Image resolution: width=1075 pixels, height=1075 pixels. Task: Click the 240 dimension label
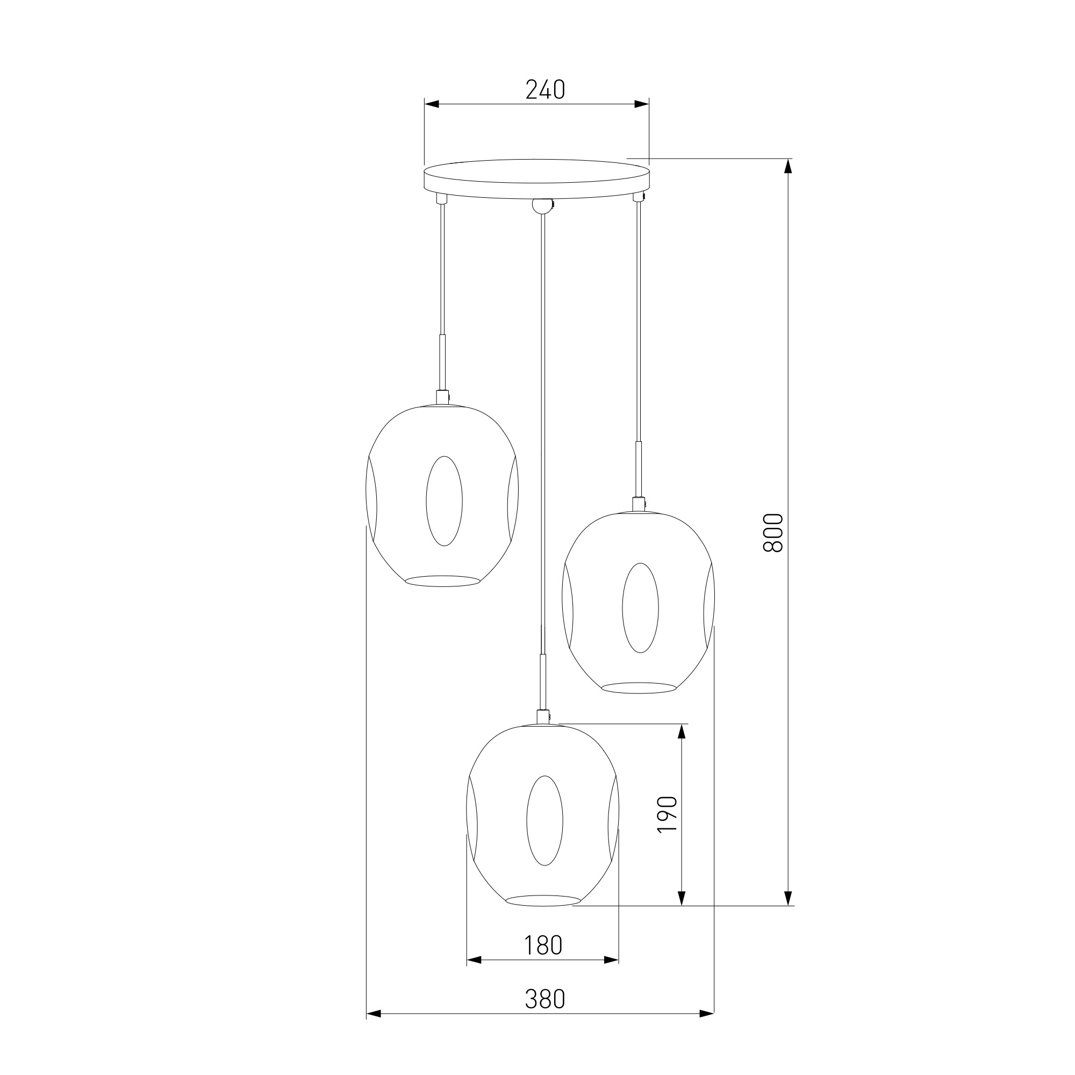(x=545, y=90)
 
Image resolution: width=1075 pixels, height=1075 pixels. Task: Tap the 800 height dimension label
(x=773, y=533)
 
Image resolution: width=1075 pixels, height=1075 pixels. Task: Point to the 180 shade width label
(x=543, y=945)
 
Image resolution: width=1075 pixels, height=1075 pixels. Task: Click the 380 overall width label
(x=544, y=999)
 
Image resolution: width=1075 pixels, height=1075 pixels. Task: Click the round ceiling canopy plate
(x=536, y=178)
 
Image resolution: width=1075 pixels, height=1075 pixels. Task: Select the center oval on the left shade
(x=444, y=501)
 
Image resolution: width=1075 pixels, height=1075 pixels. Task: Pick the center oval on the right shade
(x=641, y=607)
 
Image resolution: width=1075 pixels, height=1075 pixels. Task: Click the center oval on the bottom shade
(x=544, y=820)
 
